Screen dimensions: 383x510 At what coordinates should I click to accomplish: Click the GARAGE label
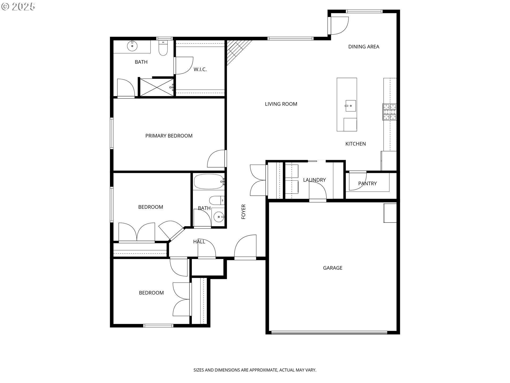[x=333, y=268]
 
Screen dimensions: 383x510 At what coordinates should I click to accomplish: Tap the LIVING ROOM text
[x=281, y=104]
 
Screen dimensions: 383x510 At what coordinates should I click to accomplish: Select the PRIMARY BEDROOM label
[x=169, y=136]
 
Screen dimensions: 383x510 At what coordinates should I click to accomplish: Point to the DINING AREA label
[x=363, y=47]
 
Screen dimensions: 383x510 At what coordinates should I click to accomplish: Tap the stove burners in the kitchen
[x=389, y=112]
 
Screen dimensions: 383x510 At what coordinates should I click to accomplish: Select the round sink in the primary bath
[x=132, y=46]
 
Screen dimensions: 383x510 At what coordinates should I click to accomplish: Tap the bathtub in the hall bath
[x=209, y=182]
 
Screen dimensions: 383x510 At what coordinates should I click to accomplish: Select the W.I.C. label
[x=200, y=69]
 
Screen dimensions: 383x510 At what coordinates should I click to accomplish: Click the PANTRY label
[x=367, y=183]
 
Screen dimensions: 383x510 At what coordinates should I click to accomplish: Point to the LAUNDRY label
[x=314, y=180]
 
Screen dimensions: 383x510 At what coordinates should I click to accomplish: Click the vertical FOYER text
[x=243, y=212]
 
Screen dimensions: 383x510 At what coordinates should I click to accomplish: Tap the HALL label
[x=199, y=242]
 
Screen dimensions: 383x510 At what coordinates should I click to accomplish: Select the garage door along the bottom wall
[x=329, y=332]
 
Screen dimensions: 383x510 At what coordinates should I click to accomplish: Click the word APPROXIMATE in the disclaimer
[x=263, y=370]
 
